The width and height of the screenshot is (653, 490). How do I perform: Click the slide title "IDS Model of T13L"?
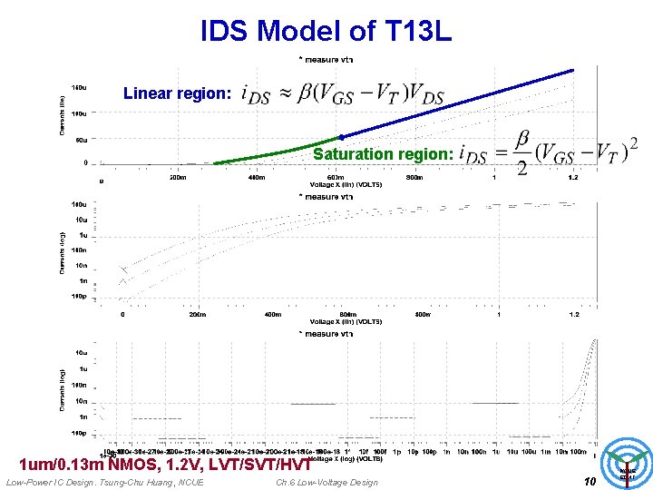[326, 31]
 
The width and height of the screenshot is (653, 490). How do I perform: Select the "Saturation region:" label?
[383, 154]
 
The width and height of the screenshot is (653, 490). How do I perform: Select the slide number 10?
[589, 481]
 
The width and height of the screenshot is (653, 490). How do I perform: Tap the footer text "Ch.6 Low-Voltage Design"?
[326, 482]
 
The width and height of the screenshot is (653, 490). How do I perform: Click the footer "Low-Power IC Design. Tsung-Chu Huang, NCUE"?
[104, 482]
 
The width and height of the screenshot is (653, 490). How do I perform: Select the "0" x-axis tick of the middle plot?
[123, 315]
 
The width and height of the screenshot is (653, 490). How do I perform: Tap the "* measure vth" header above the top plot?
[326, 59]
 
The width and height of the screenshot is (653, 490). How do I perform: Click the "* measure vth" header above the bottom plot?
[326, 334]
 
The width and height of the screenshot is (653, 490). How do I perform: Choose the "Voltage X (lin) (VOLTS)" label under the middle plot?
[346, 322]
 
